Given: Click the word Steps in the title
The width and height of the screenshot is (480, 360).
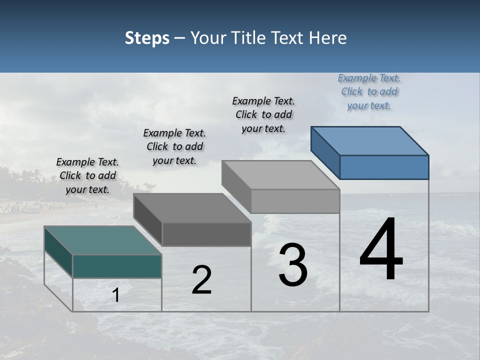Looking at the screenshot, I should click(147, 38).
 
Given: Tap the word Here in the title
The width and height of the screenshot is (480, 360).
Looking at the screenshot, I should click(328, 38).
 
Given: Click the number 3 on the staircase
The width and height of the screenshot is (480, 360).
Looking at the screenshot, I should click(293, 265).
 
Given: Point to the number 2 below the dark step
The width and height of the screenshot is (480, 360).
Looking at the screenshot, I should click(201, 280).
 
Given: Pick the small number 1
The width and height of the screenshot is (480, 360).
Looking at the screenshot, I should click(116, 295).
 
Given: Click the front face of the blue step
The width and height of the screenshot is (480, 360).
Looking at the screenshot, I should click(384, 167).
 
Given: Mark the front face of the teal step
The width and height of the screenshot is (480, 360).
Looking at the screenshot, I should click(117, 266).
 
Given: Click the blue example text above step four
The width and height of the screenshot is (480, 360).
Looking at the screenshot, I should click(369, 92).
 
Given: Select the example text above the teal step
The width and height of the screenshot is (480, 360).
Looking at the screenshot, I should click(87, 175).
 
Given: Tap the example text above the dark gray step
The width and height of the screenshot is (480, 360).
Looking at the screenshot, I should click(174, 146).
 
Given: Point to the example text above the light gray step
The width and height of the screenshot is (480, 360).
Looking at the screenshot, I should click(263, 114).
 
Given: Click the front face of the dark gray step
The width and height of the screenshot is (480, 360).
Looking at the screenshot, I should click(206, 234).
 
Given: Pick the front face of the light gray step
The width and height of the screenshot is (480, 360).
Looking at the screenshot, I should click(295, 201).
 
